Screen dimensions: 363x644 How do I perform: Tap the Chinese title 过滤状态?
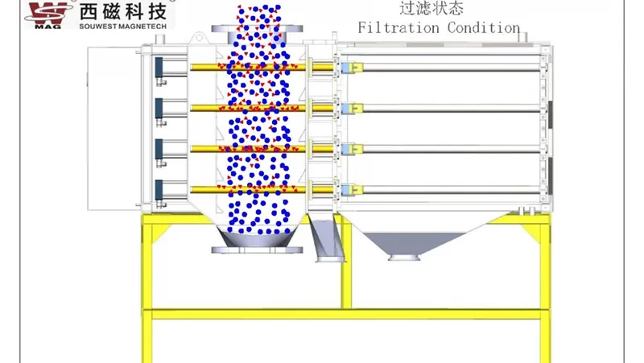pos(420,9)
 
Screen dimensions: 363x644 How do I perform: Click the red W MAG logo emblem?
pos(48,12)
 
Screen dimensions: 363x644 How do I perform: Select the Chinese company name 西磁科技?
pos(123,10)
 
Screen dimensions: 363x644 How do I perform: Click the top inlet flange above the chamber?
pos(257,29)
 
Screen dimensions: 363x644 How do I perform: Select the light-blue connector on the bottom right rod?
pos(347,190)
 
